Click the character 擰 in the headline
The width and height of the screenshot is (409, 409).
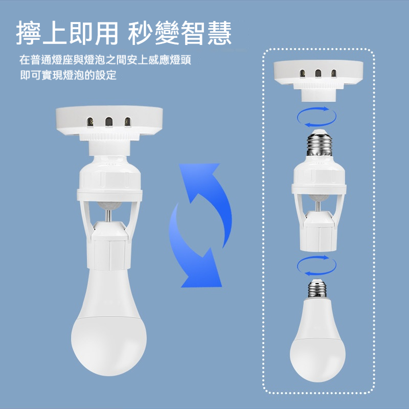[28, 33]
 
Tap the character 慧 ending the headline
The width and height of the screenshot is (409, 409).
[219, 33]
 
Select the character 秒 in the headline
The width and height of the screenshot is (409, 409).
[140, 33]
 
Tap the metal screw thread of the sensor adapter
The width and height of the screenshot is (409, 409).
[319, 144]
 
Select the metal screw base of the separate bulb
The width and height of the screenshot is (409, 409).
[317, 288]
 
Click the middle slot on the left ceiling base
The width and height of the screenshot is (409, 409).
[109, 122]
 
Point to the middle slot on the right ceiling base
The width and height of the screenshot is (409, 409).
[318, 73]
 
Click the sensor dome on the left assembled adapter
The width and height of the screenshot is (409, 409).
[109, 206]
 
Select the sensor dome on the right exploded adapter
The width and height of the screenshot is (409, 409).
[318, 197]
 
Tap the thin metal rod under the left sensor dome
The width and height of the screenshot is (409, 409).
[108, 216]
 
